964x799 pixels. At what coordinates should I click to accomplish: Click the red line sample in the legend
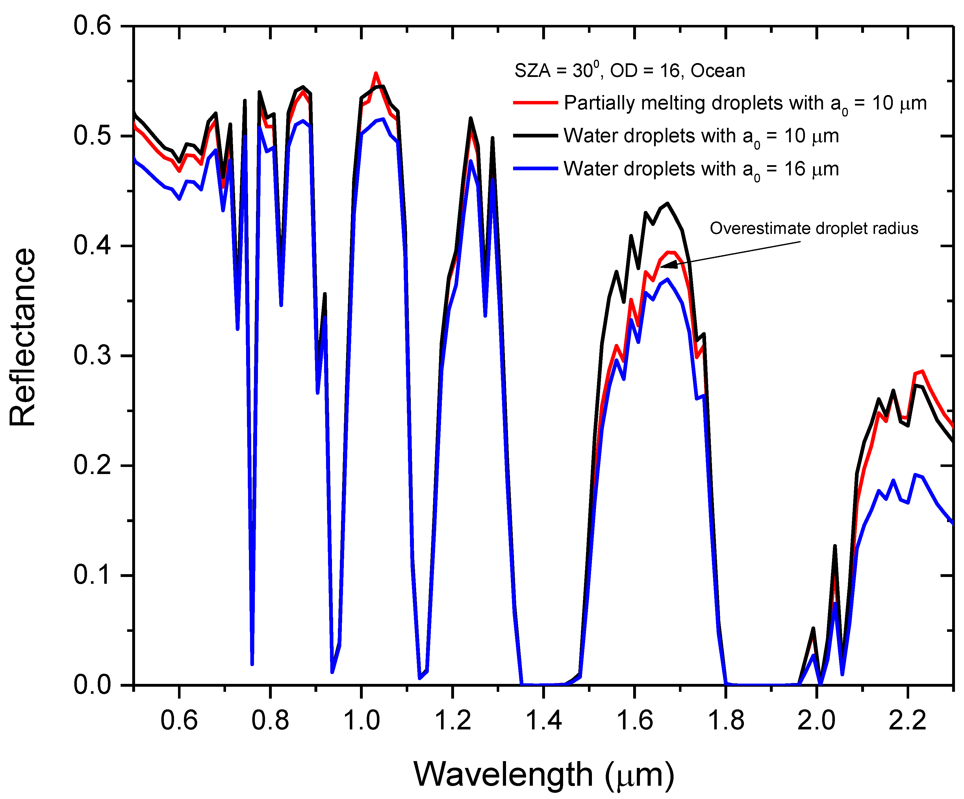click(x=535, y=102)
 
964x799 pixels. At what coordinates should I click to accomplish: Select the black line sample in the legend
click(x=535, y=135)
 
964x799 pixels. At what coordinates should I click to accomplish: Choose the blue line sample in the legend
click(x=535, y=169)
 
